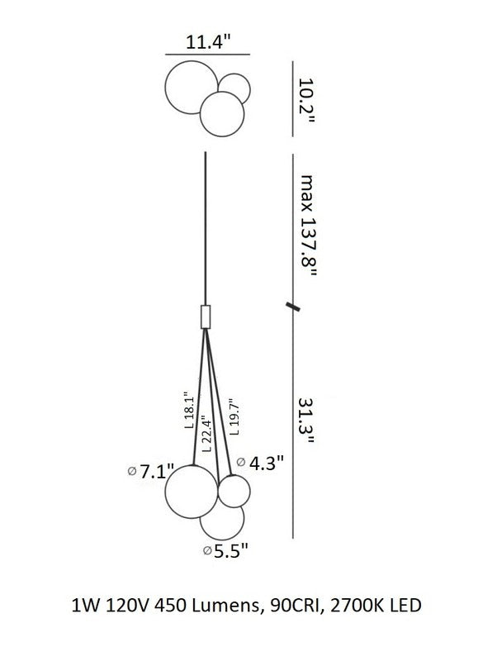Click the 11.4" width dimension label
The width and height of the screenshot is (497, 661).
pyautogui.click(x=209, y=42)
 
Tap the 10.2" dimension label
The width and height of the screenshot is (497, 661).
pyautogui.click(x=306, y=101)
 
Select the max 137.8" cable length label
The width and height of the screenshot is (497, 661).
pyautogui.click(x=307, y=226)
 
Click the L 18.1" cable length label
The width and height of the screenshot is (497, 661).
pyautogui.click(x=190, y=411)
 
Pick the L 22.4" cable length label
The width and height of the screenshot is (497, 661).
pyautogui.click(x=206, y=433)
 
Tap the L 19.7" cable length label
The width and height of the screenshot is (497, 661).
pyautogui.click(x=234, y=417)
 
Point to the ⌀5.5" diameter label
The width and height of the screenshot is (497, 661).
pyautogui.click(x=225, y=550)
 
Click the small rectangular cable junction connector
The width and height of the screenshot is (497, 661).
pyautogui.click(x=206, y=316)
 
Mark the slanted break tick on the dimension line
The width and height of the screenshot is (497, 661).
pyautogui.click(x=293, y=307)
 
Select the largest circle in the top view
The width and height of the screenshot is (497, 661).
pyautogui.click(x=165, y=88)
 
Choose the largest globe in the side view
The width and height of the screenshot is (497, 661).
pyautogui.click(x=165, y=492)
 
